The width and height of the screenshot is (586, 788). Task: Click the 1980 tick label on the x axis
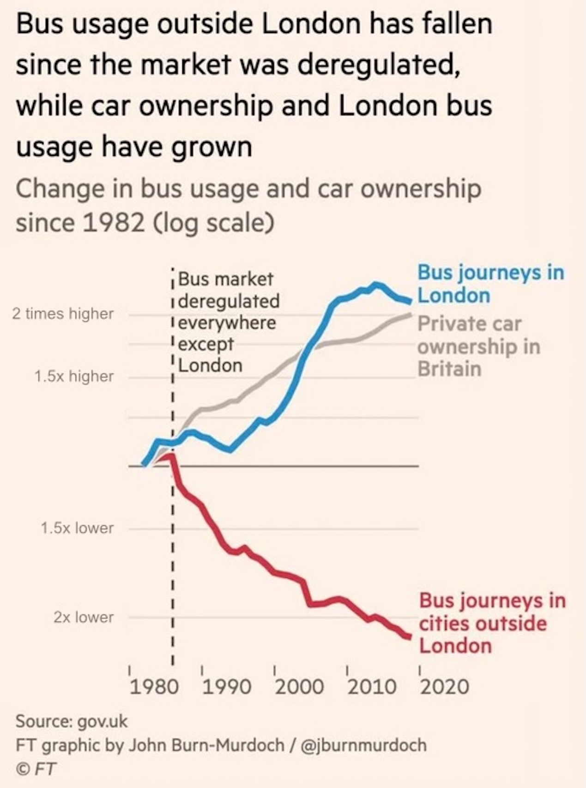tap(154, 687)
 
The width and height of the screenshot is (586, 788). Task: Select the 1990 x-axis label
tap(227, 687)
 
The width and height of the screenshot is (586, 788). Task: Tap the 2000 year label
tap(299, 687)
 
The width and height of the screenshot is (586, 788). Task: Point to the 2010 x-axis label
tap(372, 687)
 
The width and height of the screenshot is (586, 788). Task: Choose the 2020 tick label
tap(444, 687)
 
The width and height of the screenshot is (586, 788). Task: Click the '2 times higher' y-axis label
tap(63, 314)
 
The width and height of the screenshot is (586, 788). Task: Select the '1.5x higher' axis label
tap(74, 376)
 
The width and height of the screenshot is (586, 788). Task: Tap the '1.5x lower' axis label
tap(77, 528)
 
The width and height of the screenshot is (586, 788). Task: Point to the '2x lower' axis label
tap(83, 617)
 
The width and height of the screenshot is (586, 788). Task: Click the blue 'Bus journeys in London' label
tap(490, 284)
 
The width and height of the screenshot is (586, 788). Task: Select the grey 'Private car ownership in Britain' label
tap(478, 346)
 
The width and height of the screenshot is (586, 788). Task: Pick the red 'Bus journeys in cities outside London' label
tap(492, 623)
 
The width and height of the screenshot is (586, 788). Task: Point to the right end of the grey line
tap(410, 315)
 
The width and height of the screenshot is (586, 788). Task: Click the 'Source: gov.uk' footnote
tap(72, 721)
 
